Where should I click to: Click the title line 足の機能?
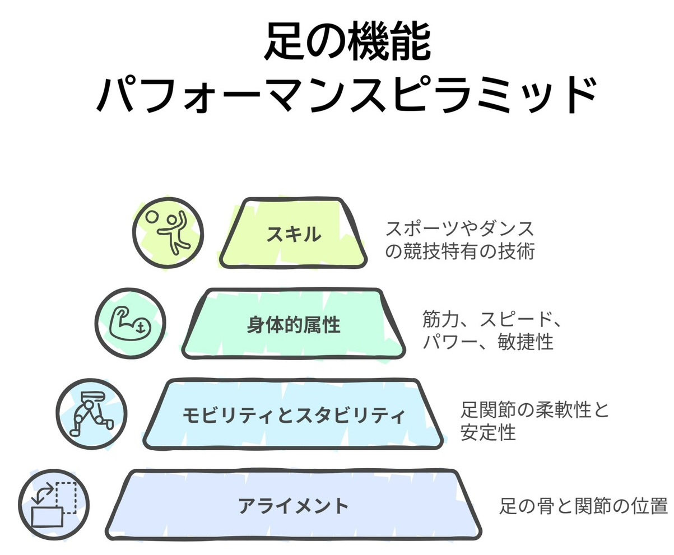pyautogui.click(x=347, y=43)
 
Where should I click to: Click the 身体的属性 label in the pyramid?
pyautogui.click(x=294, y=324)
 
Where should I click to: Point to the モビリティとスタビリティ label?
pyautogui.click(x=294, y=416)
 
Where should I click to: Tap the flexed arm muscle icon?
pyautogui.click(x=131, y=323)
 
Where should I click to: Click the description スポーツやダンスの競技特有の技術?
pyautogui.click(x=460, y=240)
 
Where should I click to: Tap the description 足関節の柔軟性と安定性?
pyautogui.click(x=534, y=421)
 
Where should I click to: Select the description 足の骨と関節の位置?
pyautogui.click(x=583, y=507)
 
